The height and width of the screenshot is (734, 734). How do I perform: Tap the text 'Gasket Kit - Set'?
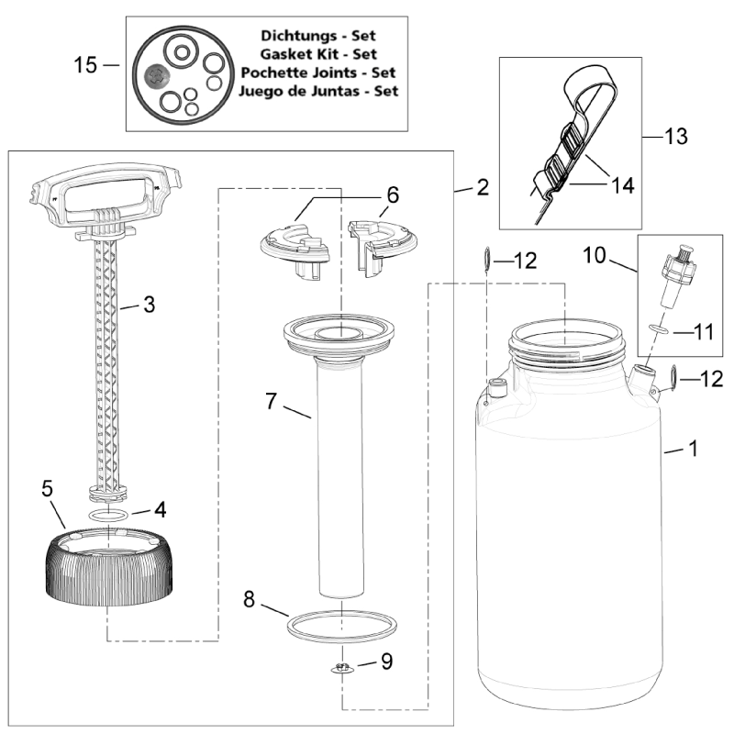(317, 54)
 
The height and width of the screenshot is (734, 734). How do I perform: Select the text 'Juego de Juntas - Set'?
(317, 92)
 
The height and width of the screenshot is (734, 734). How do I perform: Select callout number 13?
(675, 136)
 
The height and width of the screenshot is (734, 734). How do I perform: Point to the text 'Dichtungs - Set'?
(317, 35)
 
